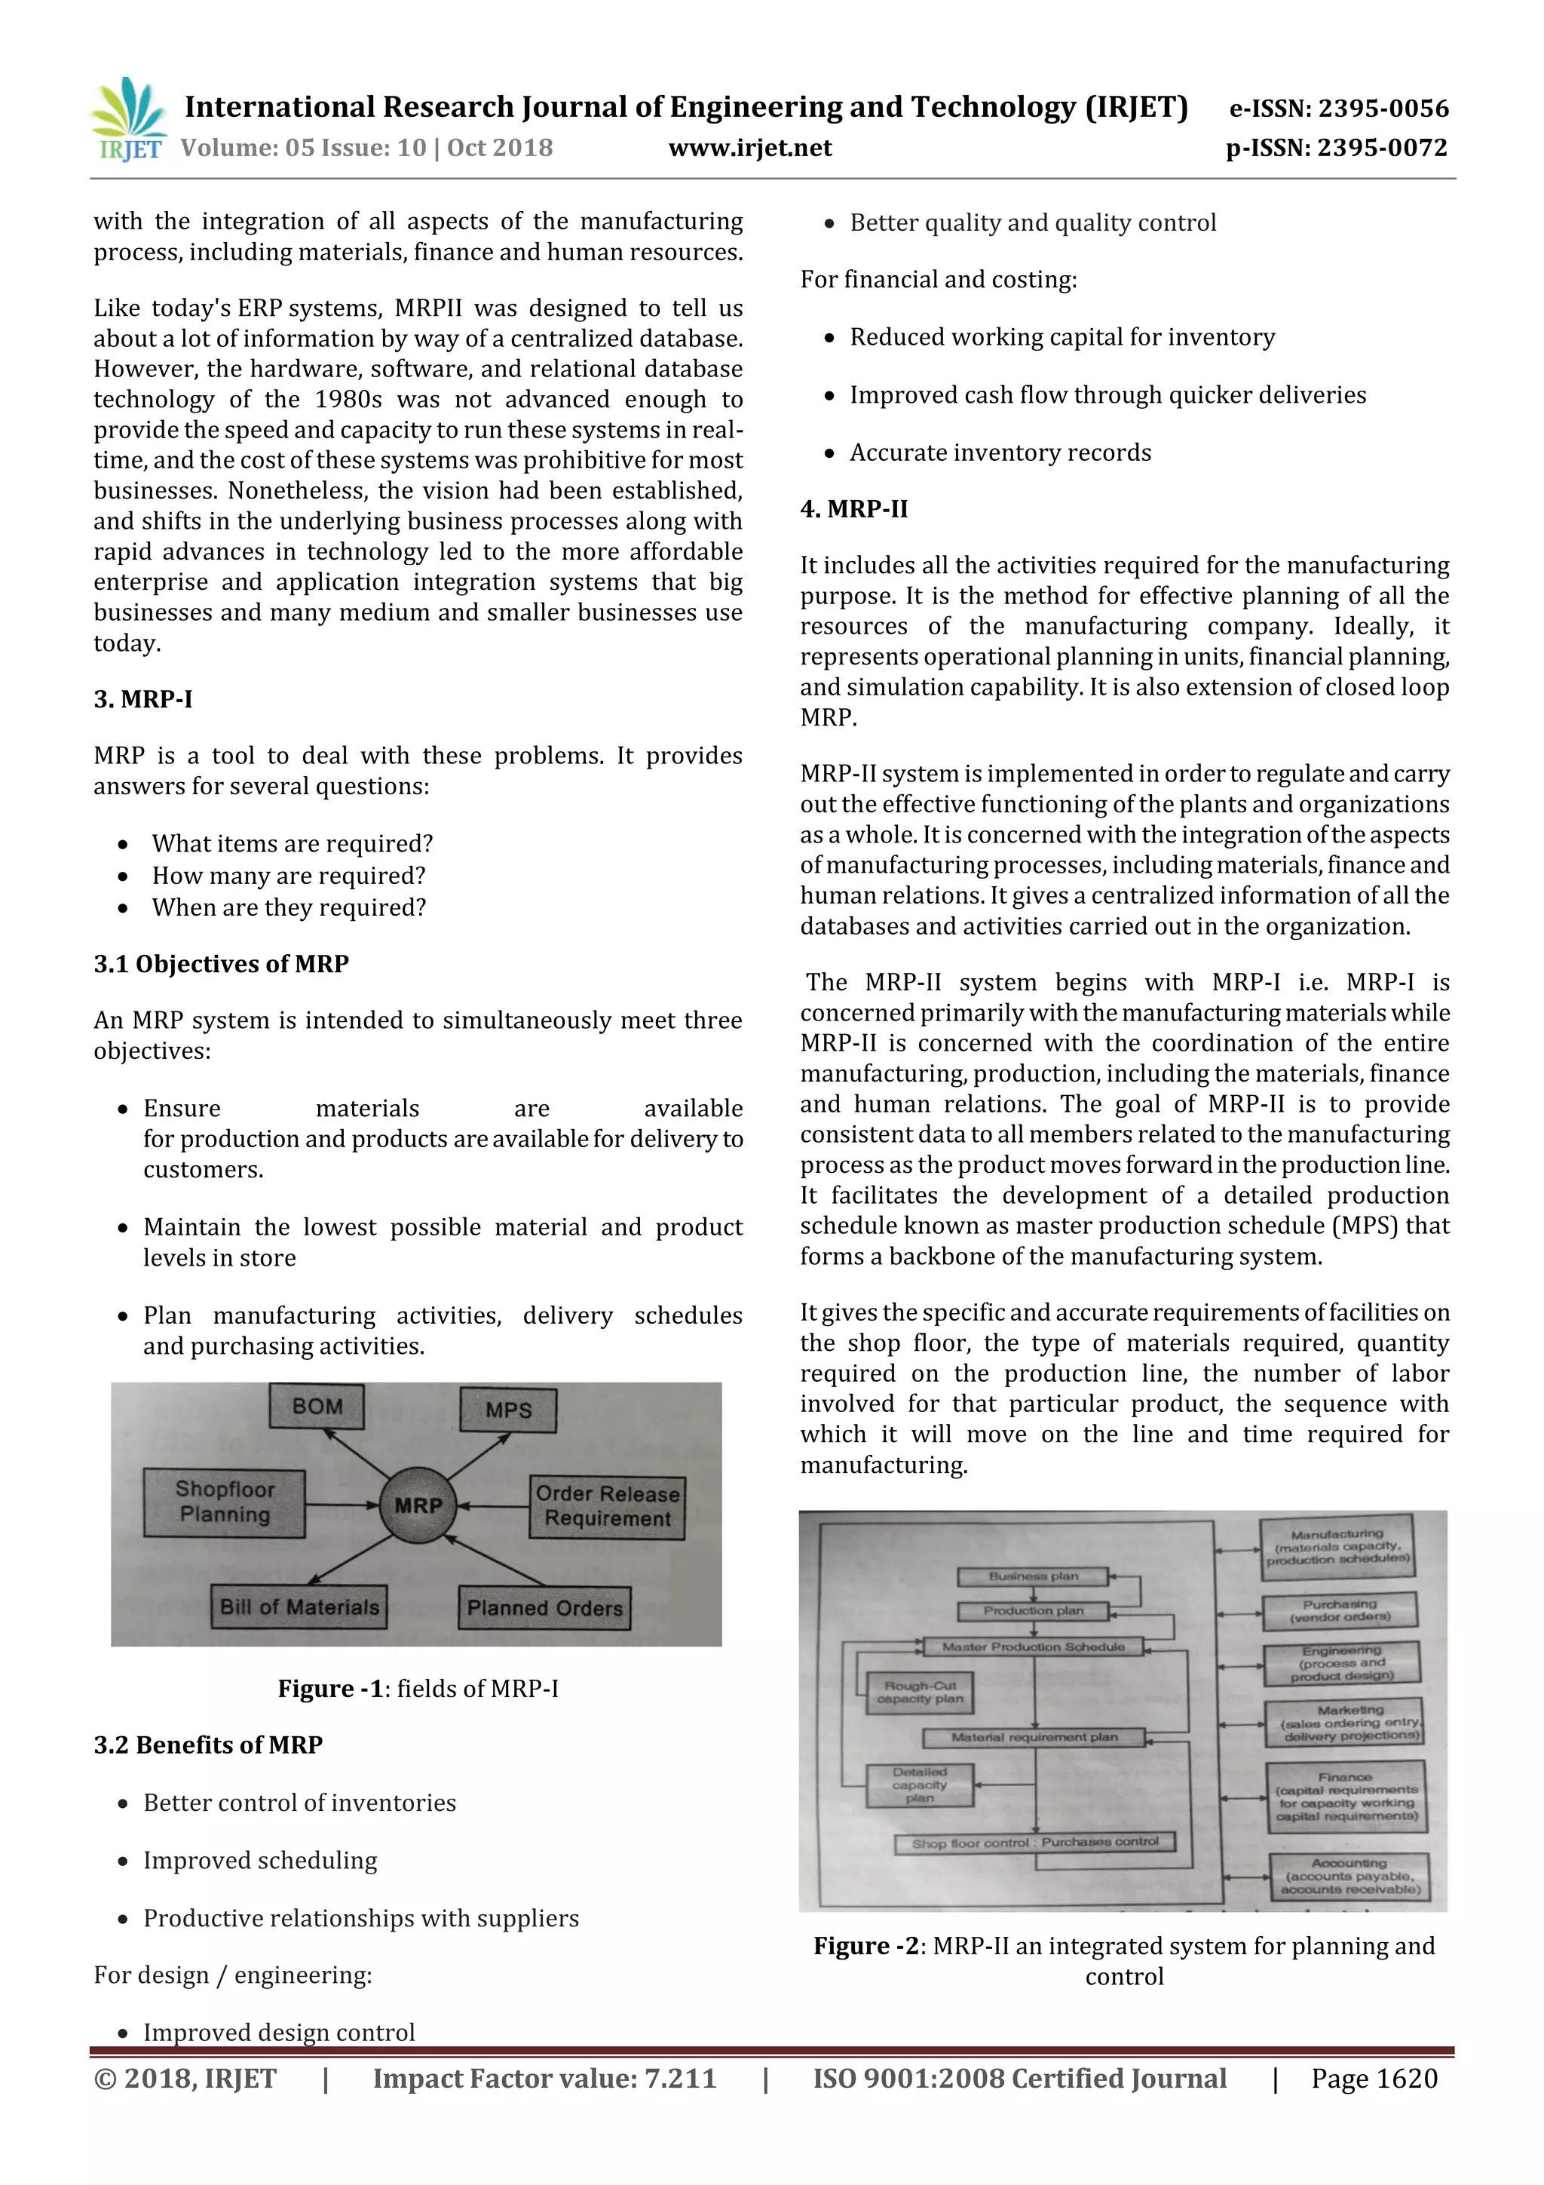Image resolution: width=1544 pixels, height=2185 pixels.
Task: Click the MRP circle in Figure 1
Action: [x=418, y=1505]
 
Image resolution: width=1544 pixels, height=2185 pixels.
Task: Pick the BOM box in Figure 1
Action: [x=317, y=1406]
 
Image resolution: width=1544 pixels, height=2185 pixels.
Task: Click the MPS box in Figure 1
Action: [x=508, y=1410]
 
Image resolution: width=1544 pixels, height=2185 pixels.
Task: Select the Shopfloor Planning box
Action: [x=225, y=1502]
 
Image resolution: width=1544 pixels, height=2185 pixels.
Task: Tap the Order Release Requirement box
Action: [x=607, y=1505]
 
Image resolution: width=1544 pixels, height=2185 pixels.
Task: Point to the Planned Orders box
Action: [x=544, y=1607]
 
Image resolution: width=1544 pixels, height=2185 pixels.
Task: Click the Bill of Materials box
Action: [x=299, y=1607]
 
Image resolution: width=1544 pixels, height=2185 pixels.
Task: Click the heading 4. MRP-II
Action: [x=853, y=509]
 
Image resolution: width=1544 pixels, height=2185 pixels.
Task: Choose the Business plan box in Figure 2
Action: [x=1033, y=1577]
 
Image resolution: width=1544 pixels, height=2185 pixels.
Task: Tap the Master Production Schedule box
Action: [x=1033, y=1646]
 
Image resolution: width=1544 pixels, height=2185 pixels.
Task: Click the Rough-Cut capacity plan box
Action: [x=919, y=1692]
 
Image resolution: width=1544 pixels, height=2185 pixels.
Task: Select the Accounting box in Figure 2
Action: [x=1349, y=1876]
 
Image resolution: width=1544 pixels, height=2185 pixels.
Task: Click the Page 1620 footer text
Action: [x=1374, y=2079]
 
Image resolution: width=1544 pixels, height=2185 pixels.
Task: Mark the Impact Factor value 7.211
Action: [x=544, y=2079]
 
